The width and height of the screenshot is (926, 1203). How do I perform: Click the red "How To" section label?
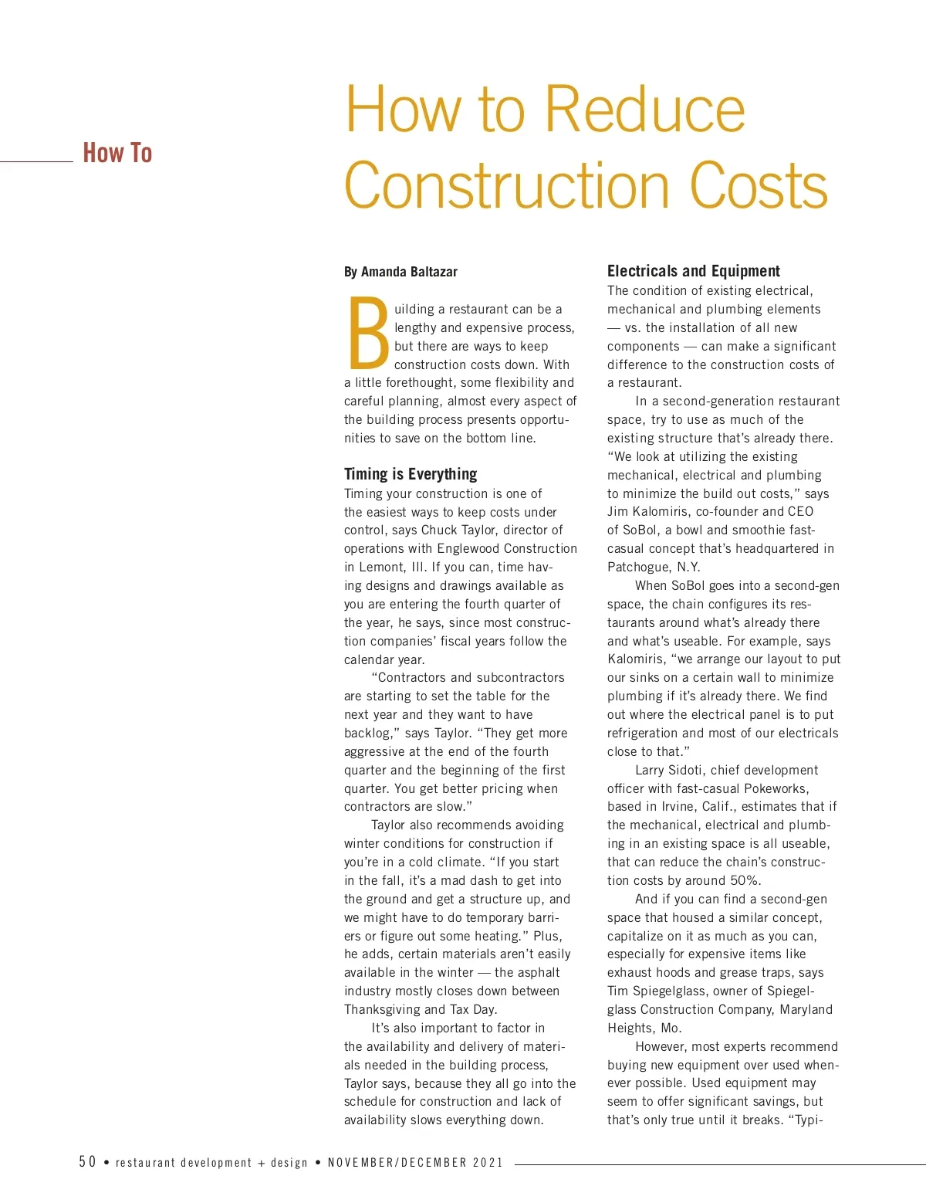(x=117, y=153)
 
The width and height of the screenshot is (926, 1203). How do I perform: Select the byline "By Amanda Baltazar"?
(x=400, y=272)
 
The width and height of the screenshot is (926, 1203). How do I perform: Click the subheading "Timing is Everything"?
(x=411, y=474)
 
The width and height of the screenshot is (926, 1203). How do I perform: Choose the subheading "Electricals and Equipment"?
(x=693, y=271)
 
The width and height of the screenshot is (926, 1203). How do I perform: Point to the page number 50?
(x=87, y=1162)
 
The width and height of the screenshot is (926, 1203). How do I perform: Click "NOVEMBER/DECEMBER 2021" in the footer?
(x=415, y=1163)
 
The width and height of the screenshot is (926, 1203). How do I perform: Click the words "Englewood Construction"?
(x=507, y=549)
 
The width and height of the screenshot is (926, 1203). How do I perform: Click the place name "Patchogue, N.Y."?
(x=654, y=568)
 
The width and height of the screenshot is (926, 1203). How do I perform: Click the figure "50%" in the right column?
(x=745, y=881)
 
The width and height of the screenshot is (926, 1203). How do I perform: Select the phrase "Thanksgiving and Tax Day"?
(x=419, y=1010)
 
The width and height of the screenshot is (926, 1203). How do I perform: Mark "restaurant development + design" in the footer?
(x=212, y=1163)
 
